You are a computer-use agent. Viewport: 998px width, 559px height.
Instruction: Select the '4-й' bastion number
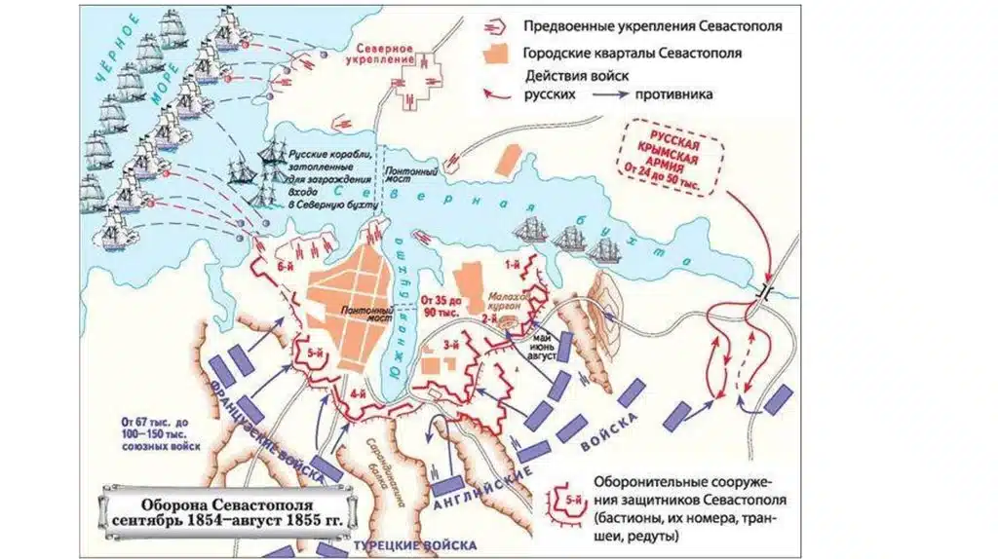(358, 394)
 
